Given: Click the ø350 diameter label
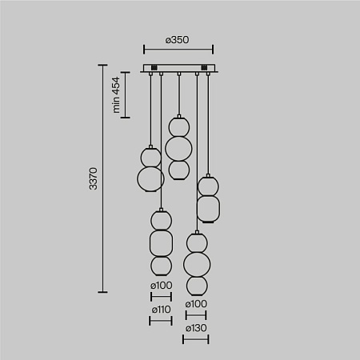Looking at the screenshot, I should [x=178, y=37].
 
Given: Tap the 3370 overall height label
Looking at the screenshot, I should [x=93, y=179].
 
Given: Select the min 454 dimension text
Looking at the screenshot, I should [x=116, y=95].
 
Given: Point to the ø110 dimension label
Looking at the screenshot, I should [x=161, y=309].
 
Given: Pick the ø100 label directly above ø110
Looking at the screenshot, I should [x=161, y=285].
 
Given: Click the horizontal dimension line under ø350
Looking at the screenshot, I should [x=178, y=48].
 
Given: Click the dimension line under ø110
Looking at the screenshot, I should [x=161, y=319].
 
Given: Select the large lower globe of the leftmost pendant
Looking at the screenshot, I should [x=150, y=178].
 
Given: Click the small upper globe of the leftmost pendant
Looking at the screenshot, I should [x=150, y=155].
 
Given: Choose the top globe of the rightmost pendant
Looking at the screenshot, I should [x=208, y=186].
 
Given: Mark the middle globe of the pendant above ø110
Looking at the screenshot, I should [x=161, y=241].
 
